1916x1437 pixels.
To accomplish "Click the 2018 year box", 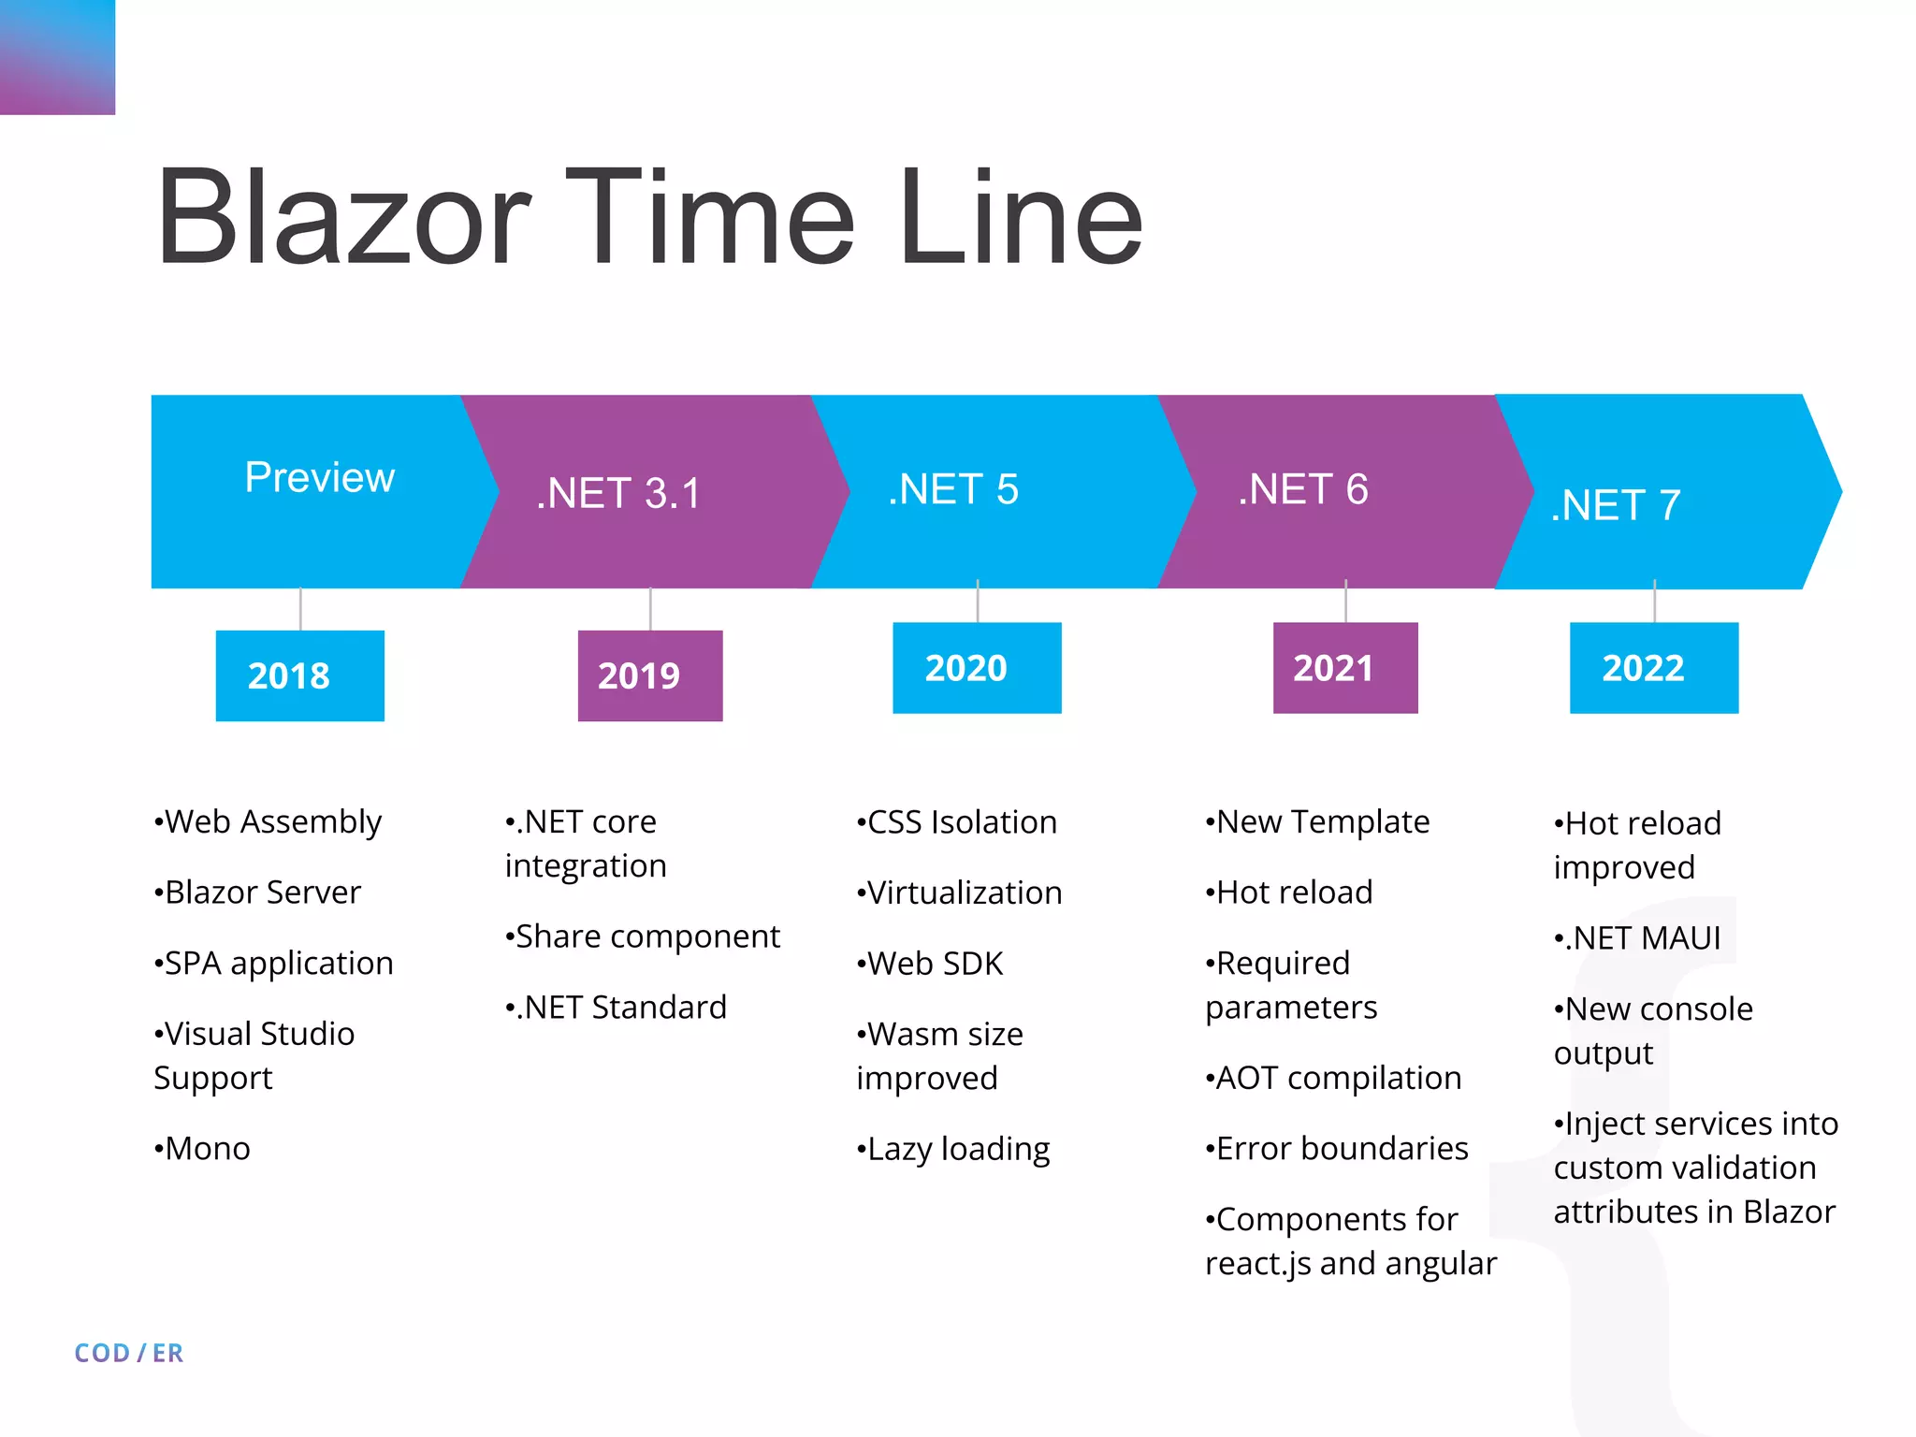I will pyautogui.click(x=299, y=675).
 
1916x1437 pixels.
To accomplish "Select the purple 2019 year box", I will pyautogui.click(x=649, y=675).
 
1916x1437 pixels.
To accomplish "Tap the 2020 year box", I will pyautogui.click(x=977, y=668).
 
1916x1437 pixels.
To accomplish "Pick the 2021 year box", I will pyautogui.click(x=1344, y=668).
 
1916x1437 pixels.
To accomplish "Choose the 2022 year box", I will pyautogui.click(x=1653, y=668).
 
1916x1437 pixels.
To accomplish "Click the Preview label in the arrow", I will pyautogui.click(x=319, y=477).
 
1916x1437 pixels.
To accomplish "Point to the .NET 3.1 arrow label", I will pyautogui.click(x=617, y=493).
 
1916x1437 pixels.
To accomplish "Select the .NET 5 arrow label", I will pyautogui.click(x=952, y=489).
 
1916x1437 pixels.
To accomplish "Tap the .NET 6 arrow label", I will pyautogui.click(x=1302, y=489).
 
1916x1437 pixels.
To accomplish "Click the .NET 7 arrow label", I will pyautogui.click(x=1616, y=505).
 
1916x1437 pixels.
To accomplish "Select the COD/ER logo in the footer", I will pyautogui.click(x=129, y=1353).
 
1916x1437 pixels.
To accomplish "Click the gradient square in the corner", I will pyautogui.click(x=57, y=57).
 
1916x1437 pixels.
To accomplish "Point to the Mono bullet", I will pyautogui.click(x=203, y=1148).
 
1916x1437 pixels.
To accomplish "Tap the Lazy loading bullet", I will pyautogui.click(x=953, y=1149).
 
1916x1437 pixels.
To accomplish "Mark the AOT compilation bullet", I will pyautogui.click(x=1333, y=1078).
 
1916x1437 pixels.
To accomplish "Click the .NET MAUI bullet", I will pyautogui.click(x=1637, y=937).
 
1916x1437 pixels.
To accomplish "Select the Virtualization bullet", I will pyautogui.click(x=959, y=893).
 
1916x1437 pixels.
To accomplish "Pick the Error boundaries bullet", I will pyautogui.click(x=1337, y=1148).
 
